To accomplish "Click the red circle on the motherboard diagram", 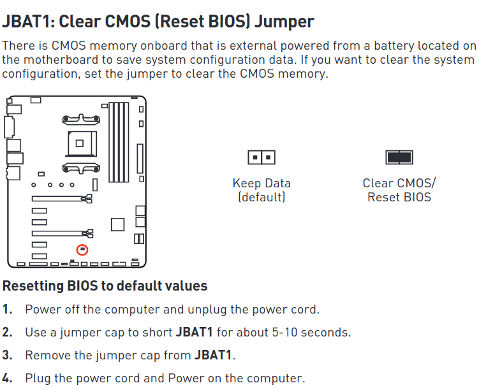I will (x=82, y=250).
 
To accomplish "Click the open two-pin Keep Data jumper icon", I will (x=262, y=157).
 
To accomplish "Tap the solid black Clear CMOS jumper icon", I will (x=399, y=157).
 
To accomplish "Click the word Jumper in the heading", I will (x=283, y=21).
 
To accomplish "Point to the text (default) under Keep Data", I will (x=262, y=197).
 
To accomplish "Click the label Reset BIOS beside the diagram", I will (x=399, y=197).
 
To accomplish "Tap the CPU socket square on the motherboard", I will (x=80, y=142).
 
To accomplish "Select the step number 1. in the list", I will (x=8, y=310).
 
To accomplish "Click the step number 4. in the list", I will (x=8, y=377).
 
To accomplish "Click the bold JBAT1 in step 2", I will (x=195, y=333).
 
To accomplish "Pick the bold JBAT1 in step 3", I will (x=213, y=355).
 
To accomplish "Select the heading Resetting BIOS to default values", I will (x=105, y=286).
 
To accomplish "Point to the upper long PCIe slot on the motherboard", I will (x=61, y=199).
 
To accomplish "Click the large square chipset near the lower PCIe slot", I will (x=117, y=224).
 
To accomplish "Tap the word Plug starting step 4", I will (x=38, y=377).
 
